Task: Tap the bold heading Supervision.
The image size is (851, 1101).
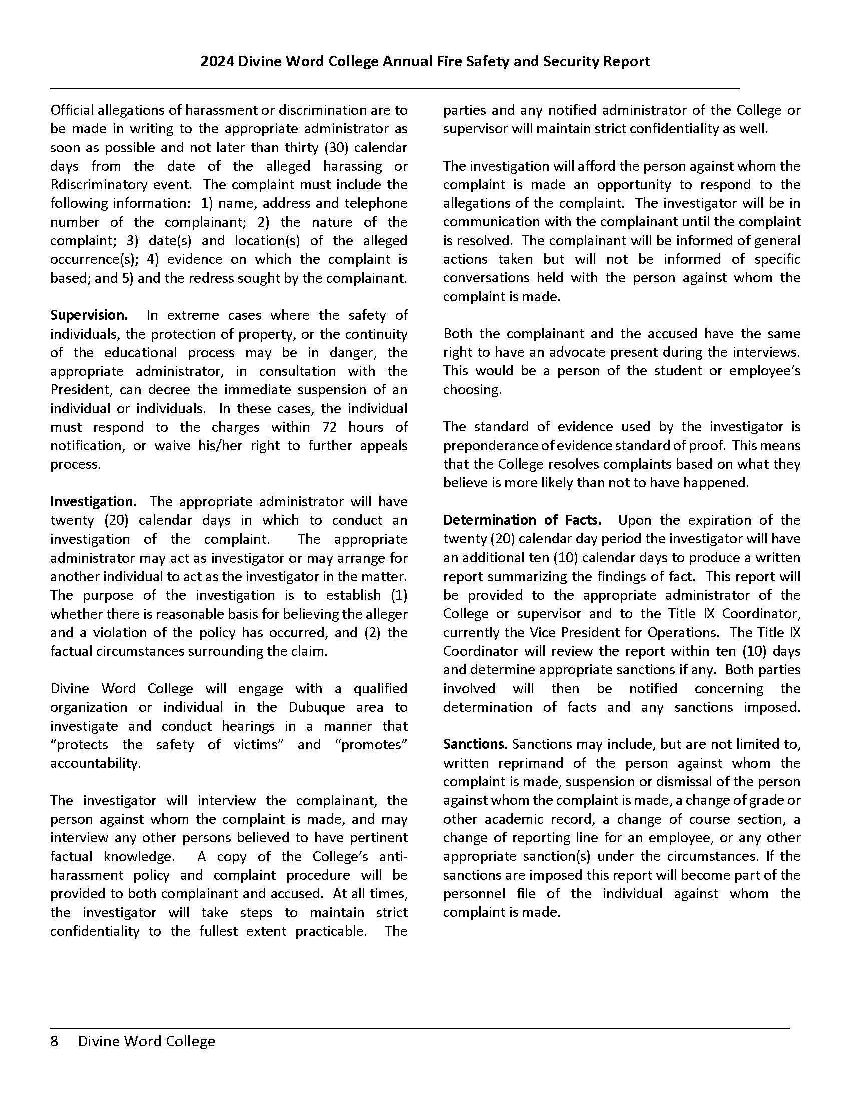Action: pos(88,316)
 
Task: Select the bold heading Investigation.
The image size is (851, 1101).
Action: pos(93,502)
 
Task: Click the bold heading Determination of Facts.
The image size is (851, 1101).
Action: pos(522,520)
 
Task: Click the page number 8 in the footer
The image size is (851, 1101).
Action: pos(54,1041)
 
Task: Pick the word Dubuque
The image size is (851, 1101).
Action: pos(316,707)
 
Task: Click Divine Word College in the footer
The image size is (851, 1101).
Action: pos(146,1041)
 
